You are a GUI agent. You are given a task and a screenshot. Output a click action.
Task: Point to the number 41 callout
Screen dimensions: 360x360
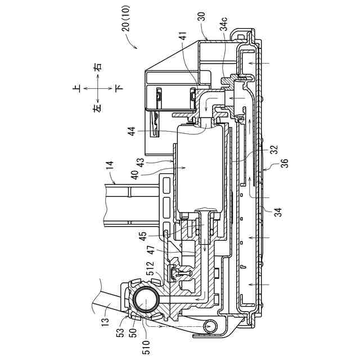click(184, 35)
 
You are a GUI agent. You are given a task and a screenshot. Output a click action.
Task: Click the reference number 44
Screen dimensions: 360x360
click(132, 131)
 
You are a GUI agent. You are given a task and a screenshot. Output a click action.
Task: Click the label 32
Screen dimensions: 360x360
click(274, 150)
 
